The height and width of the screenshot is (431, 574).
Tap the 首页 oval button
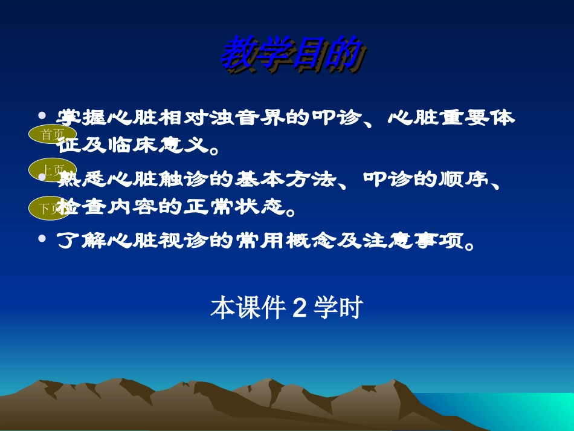(x=53, y=135)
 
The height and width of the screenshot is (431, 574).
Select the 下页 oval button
(x=53, y=209)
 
